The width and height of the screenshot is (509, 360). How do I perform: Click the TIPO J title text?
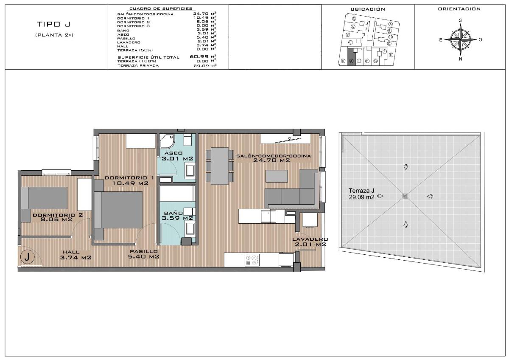[x=53, y=24]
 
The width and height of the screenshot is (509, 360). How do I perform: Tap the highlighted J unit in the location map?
[x=351, y=56]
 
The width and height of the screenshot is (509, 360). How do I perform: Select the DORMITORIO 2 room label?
[x=58, y=217]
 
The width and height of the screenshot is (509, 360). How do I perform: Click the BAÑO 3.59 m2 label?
[x=177, y=216]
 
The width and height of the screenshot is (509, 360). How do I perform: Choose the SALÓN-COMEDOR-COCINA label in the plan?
[x=273, y=158]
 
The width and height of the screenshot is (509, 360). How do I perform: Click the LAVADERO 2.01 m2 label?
[x=310, y=242]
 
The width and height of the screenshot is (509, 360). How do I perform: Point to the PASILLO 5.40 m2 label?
[x=144, y=254]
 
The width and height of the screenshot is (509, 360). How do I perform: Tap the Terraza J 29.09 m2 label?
[x=361, y=194]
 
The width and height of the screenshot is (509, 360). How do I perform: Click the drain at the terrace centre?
[x=406, y=196]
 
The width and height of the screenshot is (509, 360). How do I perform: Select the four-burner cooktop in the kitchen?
[x=252, y=260]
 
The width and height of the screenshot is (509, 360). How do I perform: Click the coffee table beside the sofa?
[x=276, y=176]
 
